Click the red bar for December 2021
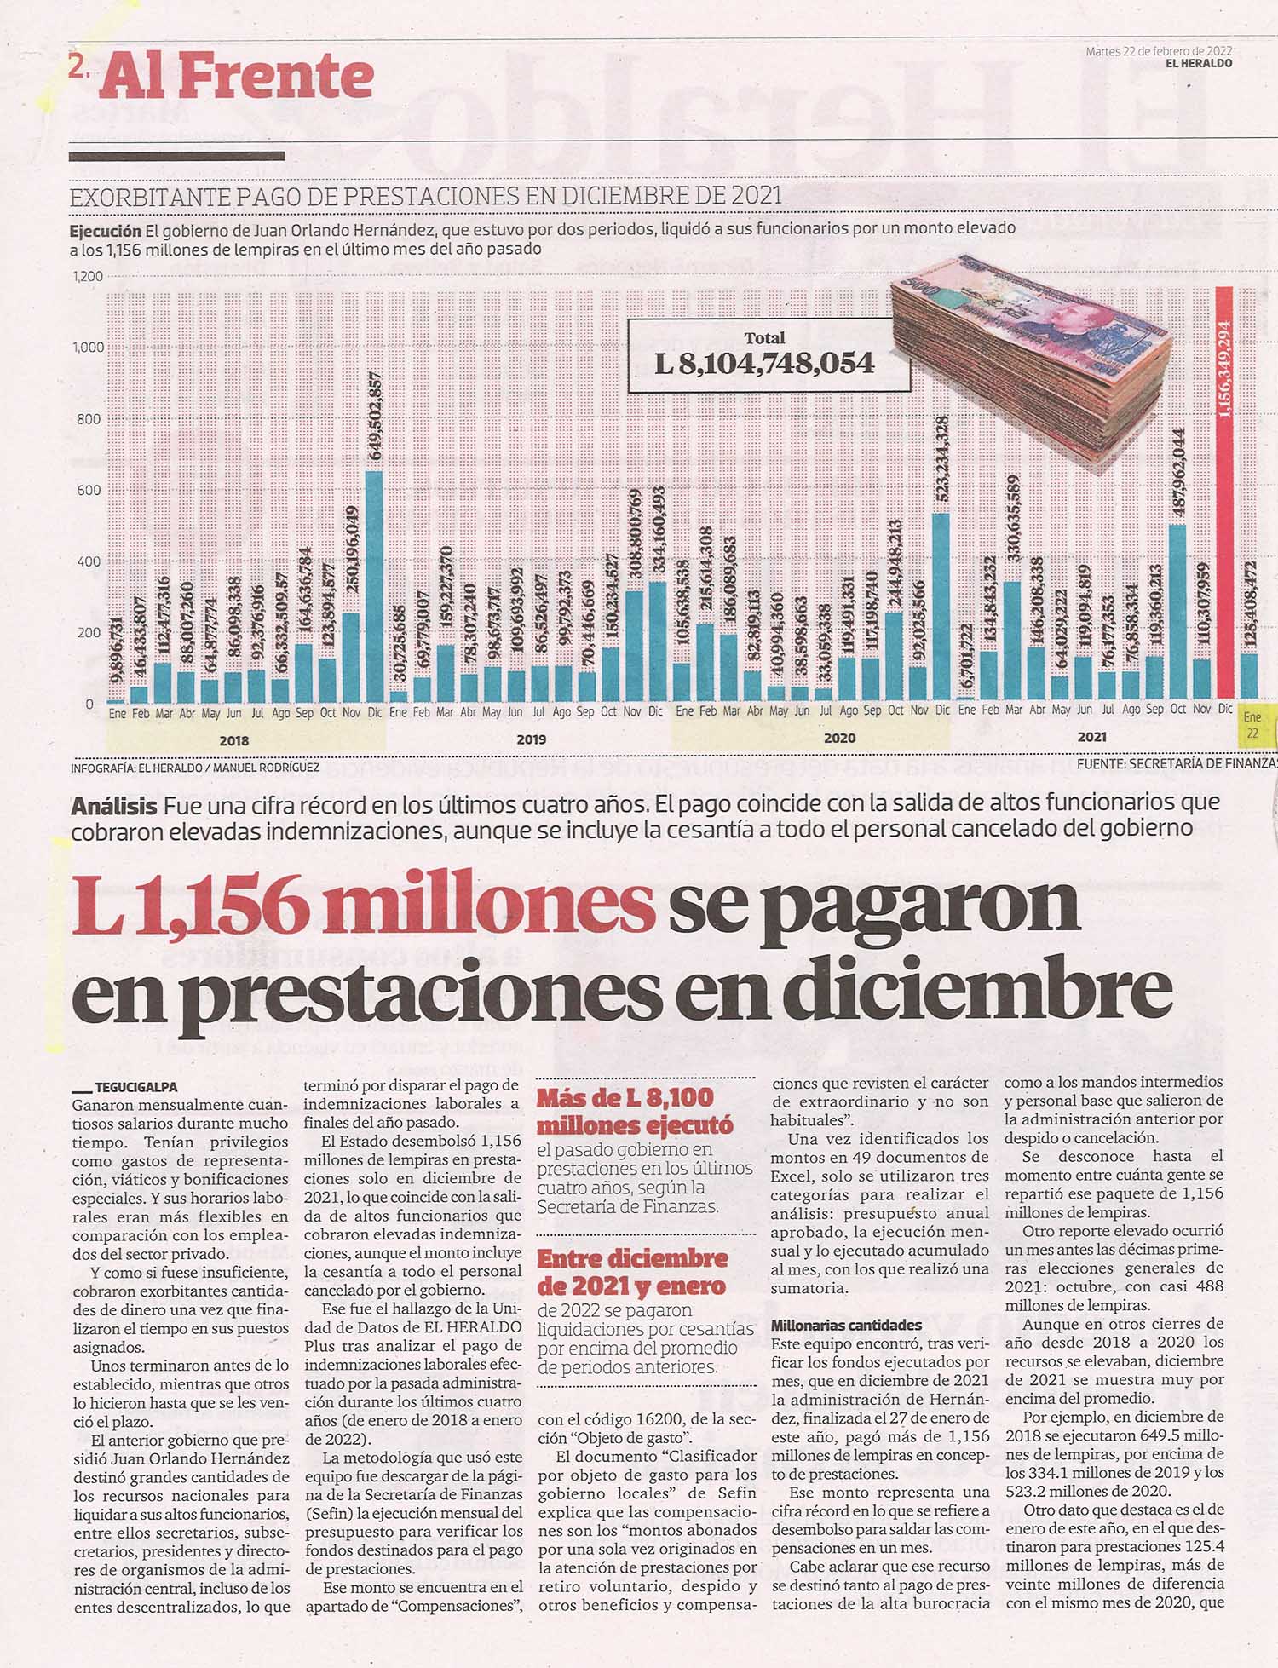[x=1225, y=494]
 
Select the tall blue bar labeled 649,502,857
[x=374, y=587]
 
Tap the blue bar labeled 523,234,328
[x=941, y=608]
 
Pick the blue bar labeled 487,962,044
[x=1177, y=613]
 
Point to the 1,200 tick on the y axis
[x=89, y=276]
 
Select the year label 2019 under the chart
[x=531, y=739]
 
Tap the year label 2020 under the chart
[x=839, y=739]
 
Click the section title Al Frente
[x=237, y=78]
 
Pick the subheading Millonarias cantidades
[x=846, y=1326]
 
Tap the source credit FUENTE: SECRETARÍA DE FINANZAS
[x=1177, y=764]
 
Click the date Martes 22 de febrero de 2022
[x=1159, y=51]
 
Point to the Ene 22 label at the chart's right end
[x=1252, y=725]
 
